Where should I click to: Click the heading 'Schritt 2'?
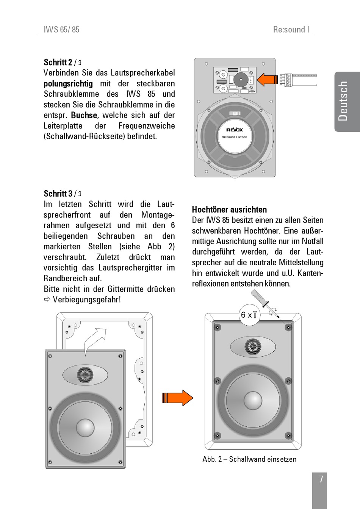58,62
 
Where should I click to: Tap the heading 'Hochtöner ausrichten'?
229,210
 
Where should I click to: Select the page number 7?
321,479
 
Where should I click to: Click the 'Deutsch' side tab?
343,101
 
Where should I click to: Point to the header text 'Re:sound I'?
291,30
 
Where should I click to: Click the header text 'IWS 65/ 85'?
62,30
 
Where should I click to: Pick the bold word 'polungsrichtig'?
68,83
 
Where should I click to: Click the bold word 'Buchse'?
84,115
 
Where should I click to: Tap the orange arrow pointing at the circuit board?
268,80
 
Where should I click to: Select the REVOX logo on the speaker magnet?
235,130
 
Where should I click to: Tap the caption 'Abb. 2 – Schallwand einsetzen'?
249,459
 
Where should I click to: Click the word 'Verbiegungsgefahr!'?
87,299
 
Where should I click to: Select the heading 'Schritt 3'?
58,194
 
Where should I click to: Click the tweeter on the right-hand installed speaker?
253,347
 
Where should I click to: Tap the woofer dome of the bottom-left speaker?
85,427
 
